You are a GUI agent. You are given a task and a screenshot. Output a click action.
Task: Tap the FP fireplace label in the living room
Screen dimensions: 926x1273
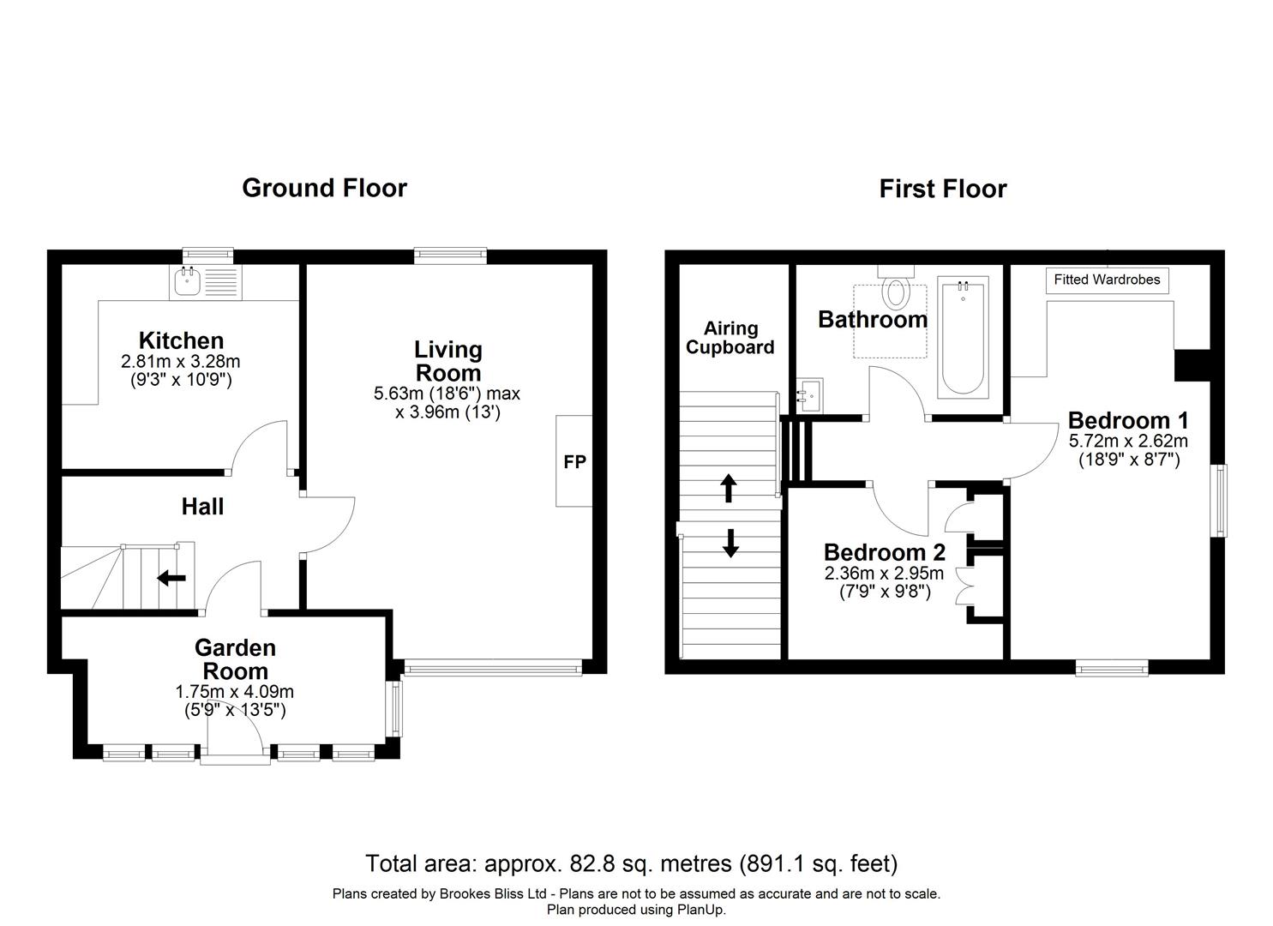574,461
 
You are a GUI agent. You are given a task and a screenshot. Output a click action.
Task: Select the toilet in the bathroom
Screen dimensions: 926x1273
897,291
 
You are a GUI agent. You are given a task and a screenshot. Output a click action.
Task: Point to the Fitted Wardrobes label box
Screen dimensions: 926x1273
1107,280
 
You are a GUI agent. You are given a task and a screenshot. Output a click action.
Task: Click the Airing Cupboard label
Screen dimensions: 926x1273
730,338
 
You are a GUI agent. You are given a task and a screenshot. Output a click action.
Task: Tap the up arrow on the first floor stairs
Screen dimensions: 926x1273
729,488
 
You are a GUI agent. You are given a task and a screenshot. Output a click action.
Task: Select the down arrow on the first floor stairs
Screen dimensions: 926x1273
730,543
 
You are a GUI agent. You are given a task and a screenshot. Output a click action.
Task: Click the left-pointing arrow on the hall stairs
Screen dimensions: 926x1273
171,578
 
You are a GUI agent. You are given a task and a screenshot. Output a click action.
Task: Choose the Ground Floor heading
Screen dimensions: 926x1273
324,188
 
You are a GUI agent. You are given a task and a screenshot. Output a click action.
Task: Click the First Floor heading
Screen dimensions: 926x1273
942,189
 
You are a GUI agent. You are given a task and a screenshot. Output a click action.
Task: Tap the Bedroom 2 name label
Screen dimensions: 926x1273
884,552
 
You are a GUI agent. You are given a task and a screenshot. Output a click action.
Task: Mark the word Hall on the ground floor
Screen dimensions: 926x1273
202,507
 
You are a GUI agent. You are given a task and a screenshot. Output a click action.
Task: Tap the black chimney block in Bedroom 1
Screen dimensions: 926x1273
1191,364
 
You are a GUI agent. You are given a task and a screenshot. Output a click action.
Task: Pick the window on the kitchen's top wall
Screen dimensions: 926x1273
208,255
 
